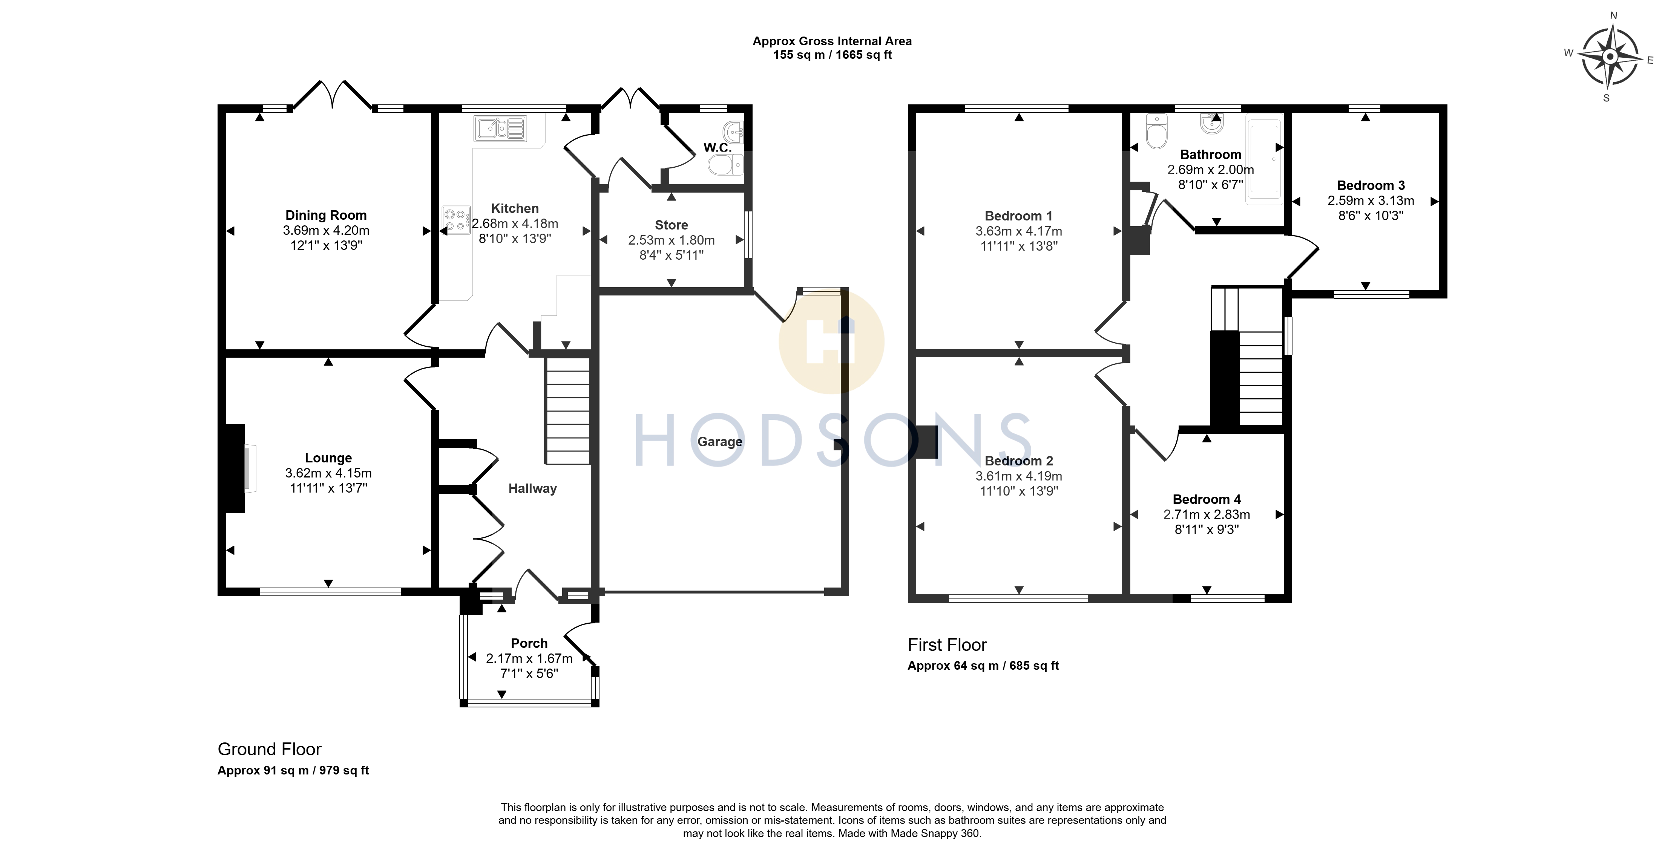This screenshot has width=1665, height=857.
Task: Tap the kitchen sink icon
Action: [501, 129]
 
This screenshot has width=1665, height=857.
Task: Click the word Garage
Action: [720, 442]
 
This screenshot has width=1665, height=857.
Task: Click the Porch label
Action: [529, 643]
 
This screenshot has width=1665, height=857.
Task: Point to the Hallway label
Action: [533, 488]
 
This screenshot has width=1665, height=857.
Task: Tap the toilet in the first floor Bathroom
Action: [1156, 132]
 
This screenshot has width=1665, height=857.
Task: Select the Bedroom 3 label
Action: [1371, 185]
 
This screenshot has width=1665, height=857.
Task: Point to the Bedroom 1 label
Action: [1019, 216]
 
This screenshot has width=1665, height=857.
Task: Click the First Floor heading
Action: [947, 645]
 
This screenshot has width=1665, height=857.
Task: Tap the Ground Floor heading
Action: [270, 749]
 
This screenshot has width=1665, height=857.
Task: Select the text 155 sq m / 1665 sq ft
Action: [832, 55]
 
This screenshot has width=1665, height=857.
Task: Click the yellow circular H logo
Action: [831, 341]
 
